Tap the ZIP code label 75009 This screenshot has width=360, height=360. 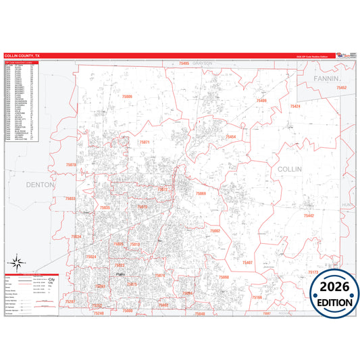(128, 97)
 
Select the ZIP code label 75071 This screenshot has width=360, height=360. (144, 142)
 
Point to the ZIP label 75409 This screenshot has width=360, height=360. (261, 101)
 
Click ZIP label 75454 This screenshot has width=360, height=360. (230, 137)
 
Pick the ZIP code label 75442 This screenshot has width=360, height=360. (309, 215)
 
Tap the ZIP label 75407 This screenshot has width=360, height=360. (248, 262)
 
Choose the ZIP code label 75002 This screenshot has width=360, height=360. (215, 231)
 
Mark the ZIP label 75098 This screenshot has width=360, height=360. (224, 277)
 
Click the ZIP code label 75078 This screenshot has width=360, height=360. (71, 165)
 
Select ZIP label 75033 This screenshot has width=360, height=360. (70, 199)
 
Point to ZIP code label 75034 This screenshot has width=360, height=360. (76, 236)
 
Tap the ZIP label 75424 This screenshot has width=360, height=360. (295, 106)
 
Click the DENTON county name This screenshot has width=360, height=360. (39, 184)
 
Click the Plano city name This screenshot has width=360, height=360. (121, 274)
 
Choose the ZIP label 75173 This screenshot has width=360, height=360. (313, 272)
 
